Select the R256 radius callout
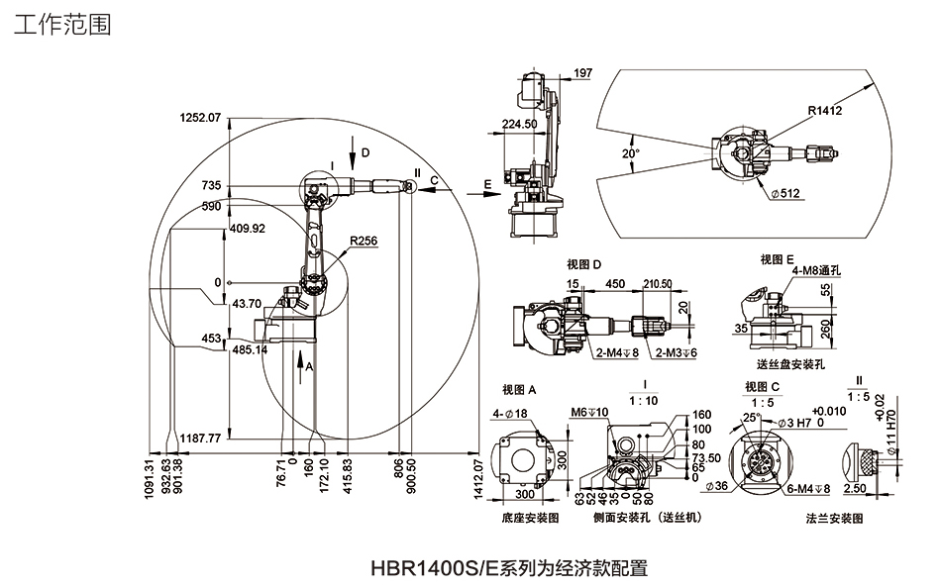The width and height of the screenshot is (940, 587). click(x=363, y=240)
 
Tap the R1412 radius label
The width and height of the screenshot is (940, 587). click(x=824, y=111)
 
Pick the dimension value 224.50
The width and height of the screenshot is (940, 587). click(x=519, y=124)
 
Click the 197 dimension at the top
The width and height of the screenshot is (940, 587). click(x=582, y=73)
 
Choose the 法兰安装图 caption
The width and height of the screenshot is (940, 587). click(x=835, y=518)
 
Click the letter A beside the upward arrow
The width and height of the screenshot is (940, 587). click(x=309, y=366)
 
